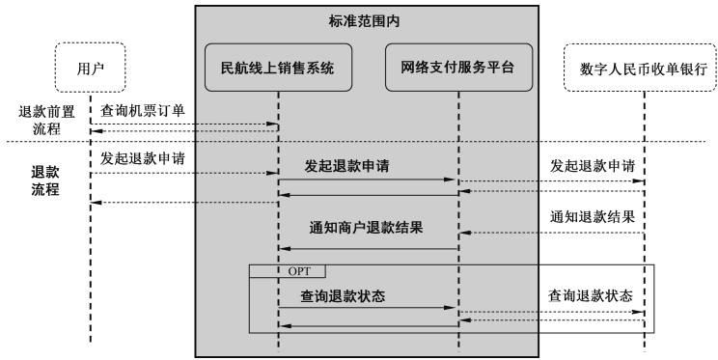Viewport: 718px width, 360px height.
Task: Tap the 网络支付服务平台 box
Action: (457, 69)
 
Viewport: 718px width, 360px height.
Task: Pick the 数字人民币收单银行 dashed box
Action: (644, 69)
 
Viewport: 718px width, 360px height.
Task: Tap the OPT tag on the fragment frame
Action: (299, 270)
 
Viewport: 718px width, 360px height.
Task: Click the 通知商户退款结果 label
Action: (368, 230)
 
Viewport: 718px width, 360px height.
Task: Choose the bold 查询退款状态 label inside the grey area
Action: (343, 296)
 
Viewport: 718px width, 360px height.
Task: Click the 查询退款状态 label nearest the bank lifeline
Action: (593, 294)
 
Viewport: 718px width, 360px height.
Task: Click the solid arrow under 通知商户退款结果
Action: (368, 249)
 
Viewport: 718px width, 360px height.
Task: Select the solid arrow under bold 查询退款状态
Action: (368, 309)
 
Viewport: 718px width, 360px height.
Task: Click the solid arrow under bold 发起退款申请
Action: (368, 180)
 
